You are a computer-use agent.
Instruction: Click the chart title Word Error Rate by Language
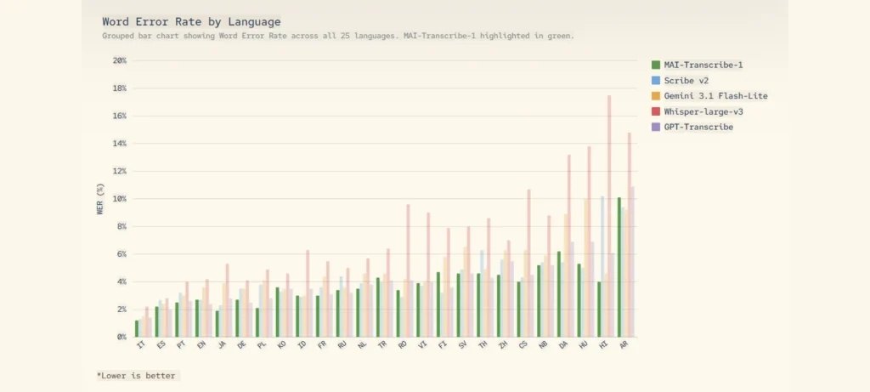point(191,21)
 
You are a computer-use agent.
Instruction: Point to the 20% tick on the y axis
point(119,60)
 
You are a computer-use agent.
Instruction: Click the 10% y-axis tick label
point(119,199)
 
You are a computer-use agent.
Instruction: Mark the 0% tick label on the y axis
point(121,337)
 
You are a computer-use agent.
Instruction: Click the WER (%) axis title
point(100,199)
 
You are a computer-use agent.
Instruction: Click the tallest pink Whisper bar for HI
point(609,216)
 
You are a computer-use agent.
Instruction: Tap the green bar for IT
point(137,328)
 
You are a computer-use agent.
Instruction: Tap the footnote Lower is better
point(138,374)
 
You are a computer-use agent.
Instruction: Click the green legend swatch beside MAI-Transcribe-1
point(656,65)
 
